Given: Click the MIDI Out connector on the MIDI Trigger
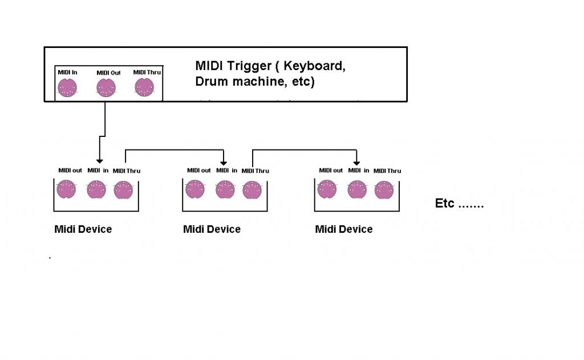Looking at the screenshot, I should click(106, 87).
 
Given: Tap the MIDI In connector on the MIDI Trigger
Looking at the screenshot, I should click(67, 87).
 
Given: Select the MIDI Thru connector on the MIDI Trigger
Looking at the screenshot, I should click(144, 87).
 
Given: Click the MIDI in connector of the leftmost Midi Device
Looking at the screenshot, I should click(96, 189).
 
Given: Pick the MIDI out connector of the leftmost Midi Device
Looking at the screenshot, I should click(66, 189).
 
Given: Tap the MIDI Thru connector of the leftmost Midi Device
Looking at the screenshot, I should click(123, 190).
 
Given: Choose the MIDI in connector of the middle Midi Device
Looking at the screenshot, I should click(225, 189).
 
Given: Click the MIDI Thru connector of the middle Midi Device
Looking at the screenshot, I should click(252, 190).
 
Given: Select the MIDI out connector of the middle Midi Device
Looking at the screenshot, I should click(195, 189).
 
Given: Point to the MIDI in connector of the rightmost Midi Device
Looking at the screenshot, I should click(356, 189).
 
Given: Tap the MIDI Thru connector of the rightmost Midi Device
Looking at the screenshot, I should click(384, 190).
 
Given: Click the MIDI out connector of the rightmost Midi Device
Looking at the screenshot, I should click(326, 189).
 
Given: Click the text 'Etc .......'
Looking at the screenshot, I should click(459, 204).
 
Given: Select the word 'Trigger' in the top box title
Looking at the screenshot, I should click(251, 66).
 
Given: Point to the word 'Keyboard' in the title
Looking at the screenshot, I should click(317, 66).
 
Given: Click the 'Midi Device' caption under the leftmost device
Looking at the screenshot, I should click(83, 229).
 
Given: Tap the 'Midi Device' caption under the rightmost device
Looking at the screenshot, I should click(344, 229).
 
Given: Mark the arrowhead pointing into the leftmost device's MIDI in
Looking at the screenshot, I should click(99, 160).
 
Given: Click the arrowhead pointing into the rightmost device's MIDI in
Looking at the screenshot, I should click(356, 160).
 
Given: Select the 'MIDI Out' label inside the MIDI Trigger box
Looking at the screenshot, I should click(108, 73).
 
